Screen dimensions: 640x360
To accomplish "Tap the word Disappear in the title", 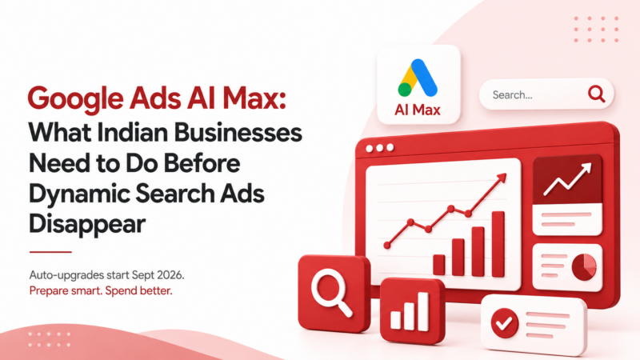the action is click(x=87, y=224).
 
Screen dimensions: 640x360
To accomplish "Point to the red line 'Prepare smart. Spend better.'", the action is click(x=101, y=290).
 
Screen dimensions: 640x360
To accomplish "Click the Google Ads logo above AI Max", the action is click(x=418, y=78).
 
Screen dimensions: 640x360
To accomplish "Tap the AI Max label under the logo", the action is click(x=417, y=110).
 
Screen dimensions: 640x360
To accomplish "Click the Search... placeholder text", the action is click(x=512, y=95).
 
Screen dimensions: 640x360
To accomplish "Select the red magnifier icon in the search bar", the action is click(x=596, y=94).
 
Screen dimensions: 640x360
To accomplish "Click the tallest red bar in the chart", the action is click(x=498, y=244).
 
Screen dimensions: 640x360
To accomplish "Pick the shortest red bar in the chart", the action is click(x=438, y=265).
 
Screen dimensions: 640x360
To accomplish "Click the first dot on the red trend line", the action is click(x=387, y=246).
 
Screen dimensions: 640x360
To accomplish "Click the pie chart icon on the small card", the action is click(x=584, y=267).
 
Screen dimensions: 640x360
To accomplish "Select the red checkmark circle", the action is click(x=505, y=323).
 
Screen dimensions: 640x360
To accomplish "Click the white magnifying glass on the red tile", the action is click(x=331, y=292).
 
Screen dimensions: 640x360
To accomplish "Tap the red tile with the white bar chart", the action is click(x=412, y=310).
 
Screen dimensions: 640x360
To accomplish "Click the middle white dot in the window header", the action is click(x=379, y=148).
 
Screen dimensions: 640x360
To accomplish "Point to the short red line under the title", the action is click(x=50, y=252).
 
